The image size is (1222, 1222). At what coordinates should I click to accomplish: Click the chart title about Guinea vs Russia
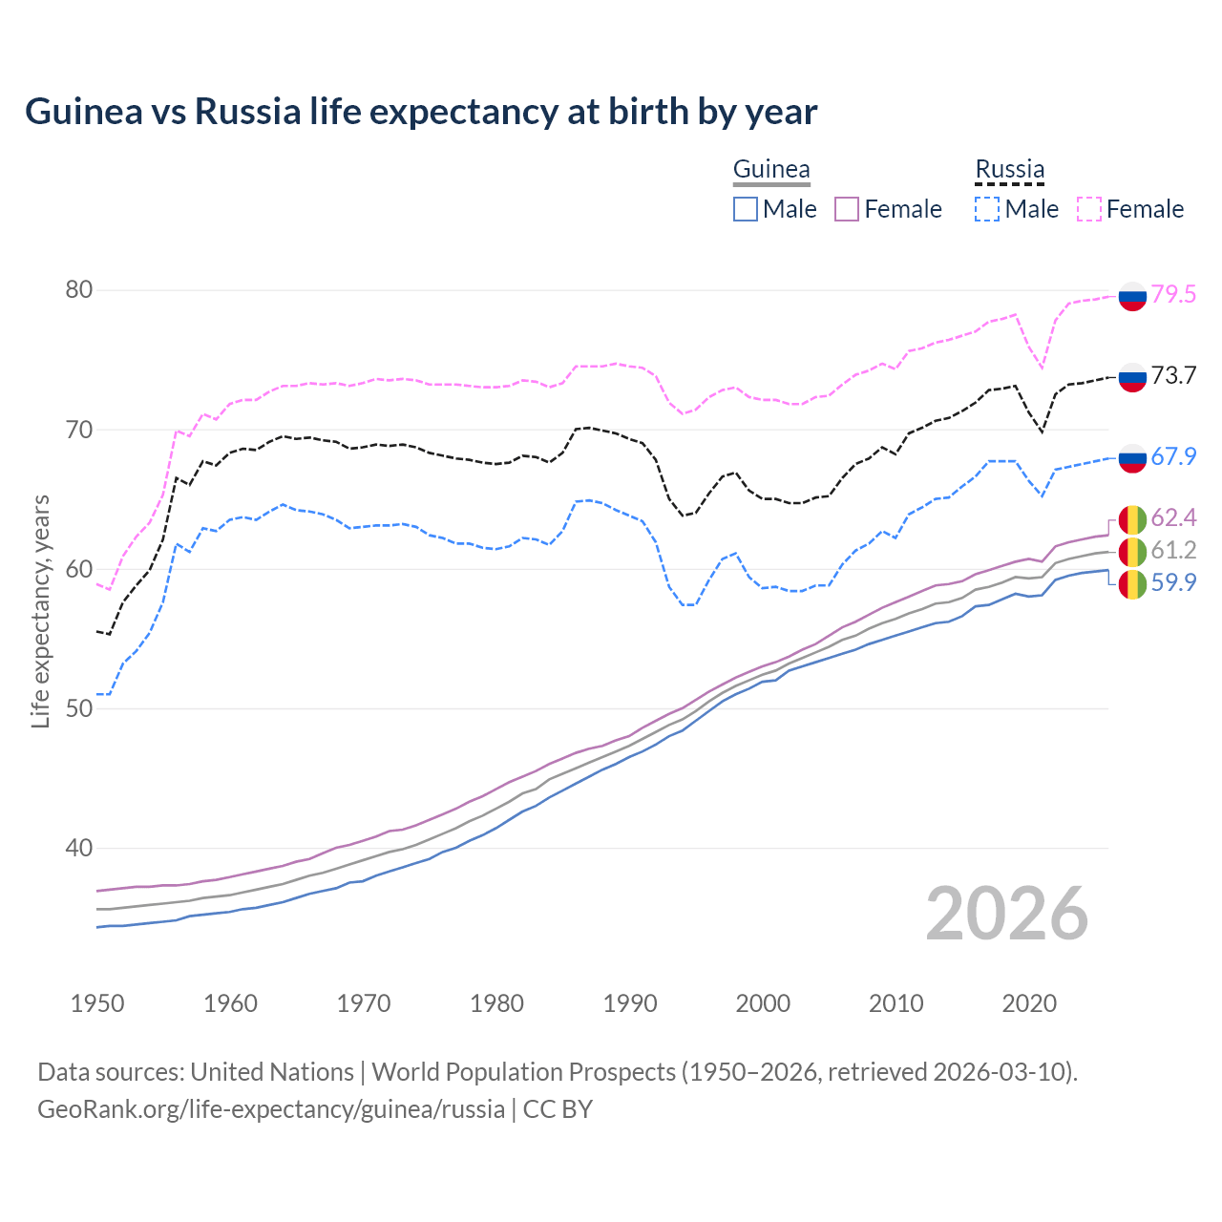coord(421,112)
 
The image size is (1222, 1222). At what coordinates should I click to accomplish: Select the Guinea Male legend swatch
coord(746,209)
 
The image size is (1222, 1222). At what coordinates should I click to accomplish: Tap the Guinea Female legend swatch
coord(847,209)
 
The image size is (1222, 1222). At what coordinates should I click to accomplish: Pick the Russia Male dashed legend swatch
coord(987,209)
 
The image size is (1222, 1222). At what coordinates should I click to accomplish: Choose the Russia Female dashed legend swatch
coord(1089,209)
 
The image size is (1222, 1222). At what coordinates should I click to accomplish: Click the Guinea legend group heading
coord(771,170)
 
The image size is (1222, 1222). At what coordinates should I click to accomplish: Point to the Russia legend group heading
coord(1009,170)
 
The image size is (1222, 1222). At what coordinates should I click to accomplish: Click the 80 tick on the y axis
coord(78,290)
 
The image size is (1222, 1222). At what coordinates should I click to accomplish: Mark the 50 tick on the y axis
coord(78,708)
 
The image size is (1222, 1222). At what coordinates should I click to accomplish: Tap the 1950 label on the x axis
coord(97,1003)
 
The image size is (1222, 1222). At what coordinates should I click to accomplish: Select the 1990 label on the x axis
coord(630,1003)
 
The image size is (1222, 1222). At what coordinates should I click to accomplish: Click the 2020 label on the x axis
coord(1029,1003)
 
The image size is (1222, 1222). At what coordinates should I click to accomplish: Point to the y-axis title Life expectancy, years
coord(40,611)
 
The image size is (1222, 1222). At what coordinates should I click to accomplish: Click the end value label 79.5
coord(1173,295)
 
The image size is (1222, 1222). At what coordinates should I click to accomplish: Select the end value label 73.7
coord(1173,376)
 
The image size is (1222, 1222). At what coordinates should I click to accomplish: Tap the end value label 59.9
coord(1173,583)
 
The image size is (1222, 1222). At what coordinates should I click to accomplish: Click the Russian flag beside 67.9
coord(1132,458)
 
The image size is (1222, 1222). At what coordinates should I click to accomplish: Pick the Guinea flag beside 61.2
coord(1132,551)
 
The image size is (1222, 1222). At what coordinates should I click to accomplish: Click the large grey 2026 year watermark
coord(1006,914)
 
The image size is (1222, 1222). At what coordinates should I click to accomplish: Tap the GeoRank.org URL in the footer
coord(271,1109)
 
